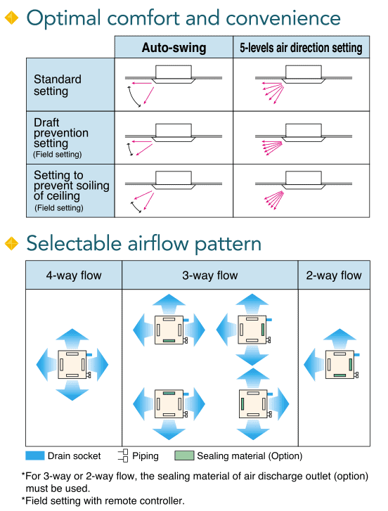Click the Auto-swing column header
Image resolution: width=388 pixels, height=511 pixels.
(174, 48)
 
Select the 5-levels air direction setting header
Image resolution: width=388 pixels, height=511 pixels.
(301, 48)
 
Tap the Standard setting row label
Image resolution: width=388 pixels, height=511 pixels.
(58, 85)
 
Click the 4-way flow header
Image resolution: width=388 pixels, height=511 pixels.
(74, 276)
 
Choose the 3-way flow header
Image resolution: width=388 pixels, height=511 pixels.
(210, 276)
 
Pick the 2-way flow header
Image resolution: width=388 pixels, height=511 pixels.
(334, 276)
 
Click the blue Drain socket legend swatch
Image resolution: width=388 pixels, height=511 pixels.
(35, 455)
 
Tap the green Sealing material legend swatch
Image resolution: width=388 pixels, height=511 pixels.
(184, 455)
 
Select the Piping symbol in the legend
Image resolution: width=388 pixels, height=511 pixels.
(123, 455)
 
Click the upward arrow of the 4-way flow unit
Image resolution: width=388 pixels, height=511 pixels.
(72, 338)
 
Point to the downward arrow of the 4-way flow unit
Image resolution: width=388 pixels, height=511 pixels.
(72, 391)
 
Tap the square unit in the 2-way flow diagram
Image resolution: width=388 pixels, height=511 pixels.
(340, 365)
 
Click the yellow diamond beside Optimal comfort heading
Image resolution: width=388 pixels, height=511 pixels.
(12, 18)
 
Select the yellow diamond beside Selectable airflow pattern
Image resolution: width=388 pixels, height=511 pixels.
(12, 243)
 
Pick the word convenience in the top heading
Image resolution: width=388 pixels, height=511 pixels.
(283, 18)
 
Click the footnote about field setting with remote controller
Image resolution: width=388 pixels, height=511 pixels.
(103, 500)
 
